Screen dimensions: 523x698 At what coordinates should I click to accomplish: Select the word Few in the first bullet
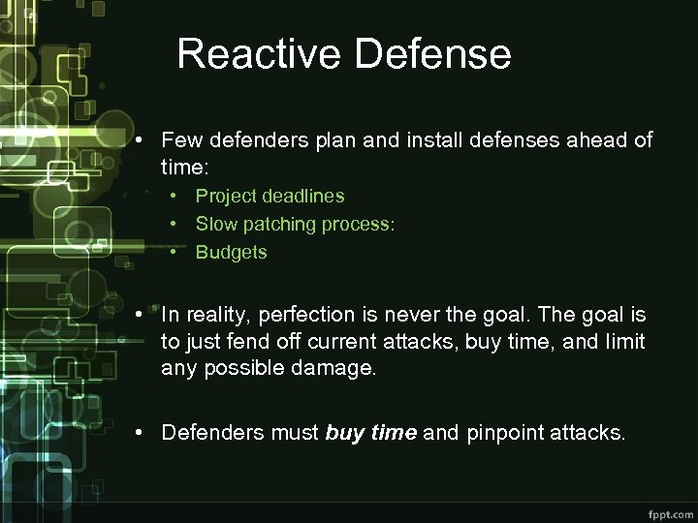pos(180,140)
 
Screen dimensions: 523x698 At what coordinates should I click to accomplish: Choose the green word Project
pos(228,197)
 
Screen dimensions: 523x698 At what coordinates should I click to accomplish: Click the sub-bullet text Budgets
pos(231,253)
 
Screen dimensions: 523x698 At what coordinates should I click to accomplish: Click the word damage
pos(339,369)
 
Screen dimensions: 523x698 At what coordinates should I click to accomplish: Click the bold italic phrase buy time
pos(371,433)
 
